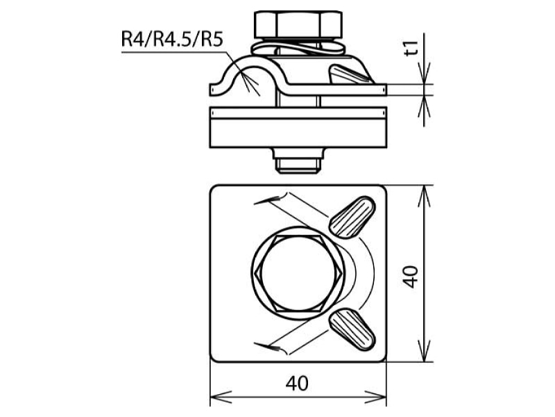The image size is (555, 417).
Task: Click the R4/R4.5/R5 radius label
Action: [x=172, y=39]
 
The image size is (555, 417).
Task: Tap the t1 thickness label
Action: [x=411, y=48]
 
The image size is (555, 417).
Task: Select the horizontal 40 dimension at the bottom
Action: [x=297, y=384]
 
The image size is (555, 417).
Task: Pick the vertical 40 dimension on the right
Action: [x=411, y=277]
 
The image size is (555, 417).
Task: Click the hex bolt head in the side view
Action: [x=298, y=24]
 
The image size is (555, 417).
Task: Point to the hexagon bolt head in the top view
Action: [x=298, y=273]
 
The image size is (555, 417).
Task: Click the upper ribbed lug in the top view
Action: [x=352, y=217]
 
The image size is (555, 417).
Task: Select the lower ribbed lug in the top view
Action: [x=352, y=329]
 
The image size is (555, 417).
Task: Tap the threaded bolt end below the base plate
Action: [x=298, y=166]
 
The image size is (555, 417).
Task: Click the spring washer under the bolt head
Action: [x=298, y=47]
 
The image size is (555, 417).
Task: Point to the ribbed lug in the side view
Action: [x=350, y=74]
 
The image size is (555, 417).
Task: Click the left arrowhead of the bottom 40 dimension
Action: [x=221, y=395]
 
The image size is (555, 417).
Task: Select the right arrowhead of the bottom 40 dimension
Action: [x=375, y=395]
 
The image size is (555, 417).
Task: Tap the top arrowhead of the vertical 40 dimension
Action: [x=424, y=196]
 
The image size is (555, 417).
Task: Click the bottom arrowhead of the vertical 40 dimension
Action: [x=424, y=351]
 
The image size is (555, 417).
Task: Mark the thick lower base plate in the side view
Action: [x=298, y=133]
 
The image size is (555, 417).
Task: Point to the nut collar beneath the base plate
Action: [x=298, y=153]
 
